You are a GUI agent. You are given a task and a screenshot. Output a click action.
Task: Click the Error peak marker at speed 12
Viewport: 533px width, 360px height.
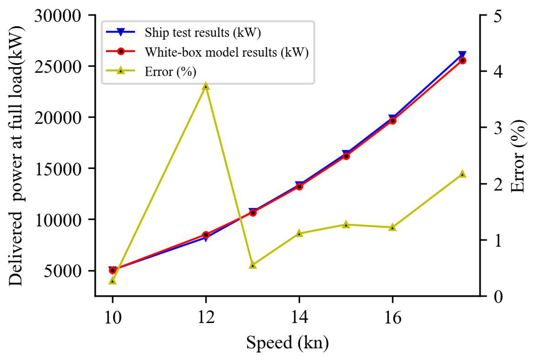[206, 86]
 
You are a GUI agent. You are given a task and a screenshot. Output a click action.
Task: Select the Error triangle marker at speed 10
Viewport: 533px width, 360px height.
[112, 281]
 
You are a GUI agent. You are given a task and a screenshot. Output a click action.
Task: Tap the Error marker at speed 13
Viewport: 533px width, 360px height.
[253, 265]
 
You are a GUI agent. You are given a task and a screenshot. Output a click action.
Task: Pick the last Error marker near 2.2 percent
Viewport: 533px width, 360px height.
[462, 174]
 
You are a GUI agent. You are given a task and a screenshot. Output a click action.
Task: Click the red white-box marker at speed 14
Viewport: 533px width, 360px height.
[299, 186]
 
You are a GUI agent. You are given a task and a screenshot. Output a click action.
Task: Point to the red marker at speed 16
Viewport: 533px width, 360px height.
[393, 121]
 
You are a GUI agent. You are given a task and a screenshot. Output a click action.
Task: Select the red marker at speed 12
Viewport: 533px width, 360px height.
[206, 235]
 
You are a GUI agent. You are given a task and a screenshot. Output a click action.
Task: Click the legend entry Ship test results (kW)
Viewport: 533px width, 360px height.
[203, 32]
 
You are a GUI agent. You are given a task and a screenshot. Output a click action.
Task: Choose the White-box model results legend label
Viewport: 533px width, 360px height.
[227, 52]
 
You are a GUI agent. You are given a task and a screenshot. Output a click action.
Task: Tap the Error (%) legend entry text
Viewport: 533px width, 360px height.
[170, 72]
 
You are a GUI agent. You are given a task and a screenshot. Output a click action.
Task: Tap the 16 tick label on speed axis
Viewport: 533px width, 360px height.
[393, 317]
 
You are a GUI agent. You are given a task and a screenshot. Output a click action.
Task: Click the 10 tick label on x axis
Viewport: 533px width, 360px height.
[113, 317]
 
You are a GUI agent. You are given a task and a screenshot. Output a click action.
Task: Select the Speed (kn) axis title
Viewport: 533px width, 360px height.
[287, 342]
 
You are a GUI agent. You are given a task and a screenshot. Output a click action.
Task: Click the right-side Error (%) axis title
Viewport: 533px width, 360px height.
[518, 156]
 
